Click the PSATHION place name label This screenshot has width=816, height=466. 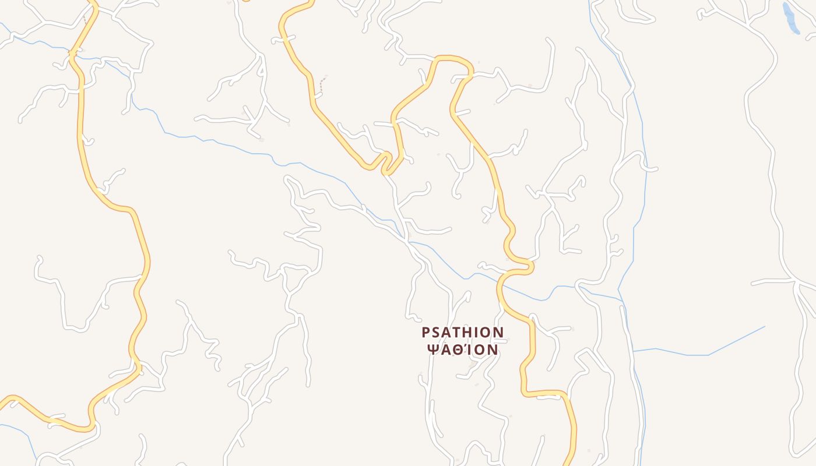pyautogui.click(x=463, y=333)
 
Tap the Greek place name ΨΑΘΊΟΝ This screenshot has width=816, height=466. pyautogui.click(x=463, y=349)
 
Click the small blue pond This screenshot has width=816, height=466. pyautogui.click(x=790, y=17)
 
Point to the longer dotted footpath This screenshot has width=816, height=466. pyautogui.click(x=321, y=84)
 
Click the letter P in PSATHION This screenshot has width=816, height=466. pyautogui.click(x=426, y=333)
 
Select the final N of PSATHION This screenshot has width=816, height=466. pyautogui.click(x=498, y=333)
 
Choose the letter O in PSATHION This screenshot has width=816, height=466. pyautogui.click(x=487, y=333)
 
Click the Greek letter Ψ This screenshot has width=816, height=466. pyautogui.click(x=433, y=349)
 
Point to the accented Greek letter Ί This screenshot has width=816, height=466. pyautogui.click(x=467, y=349)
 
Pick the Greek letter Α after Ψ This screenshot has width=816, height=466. pyautogui.click(x=445, y=349)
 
